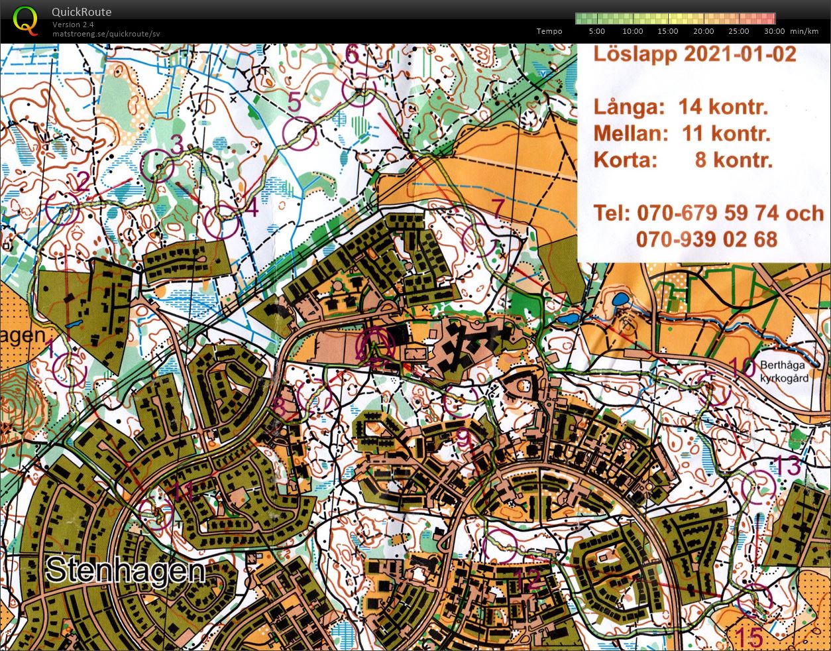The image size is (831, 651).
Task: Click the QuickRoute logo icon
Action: pyautogui.click(x=25, y=20)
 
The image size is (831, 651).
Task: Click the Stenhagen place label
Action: pyautogui.click(x=126, y=570)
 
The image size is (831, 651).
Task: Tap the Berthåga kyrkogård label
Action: pyautogui.click(x=784, y=372)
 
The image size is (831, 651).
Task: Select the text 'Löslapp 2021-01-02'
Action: pyautogui.click(x=694, y=54)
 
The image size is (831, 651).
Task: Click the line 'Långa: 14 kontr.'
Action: pyautogui.click(x=681, y=107)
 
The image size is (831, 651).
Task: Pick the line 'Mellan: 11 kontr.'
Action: pyautogui.click(x=682, y=133)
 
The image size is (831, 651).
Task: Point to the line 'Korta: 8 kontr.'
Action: pyautogui.click(x=683, y=160)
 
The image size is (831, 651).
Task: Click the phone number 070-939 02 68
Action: pyautogui.click(x=706, y=239)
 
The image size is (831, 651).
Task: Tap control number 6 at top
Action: pyautogui.click(x=352, y=54)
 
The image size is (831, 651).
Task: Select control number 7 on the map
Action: pyautogui.click(x=498, y=207)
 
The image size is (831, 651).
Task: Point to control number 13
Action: pyautogui.click(x=788, y=466)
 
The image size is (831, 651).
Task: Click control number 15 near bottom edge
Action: pyautogui.click(x=749, y=638)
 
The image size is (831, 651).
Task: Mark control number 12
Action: pyautogui.click(x=531, y=580)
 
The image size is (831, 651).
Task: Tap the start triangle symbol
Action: pyautogui.click(x=375, y=345)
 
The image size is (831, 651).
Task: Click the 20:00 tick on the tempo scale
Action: pyautogui.click(x=703, y=31)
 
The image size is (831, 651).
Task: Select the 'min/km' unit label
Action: pyautogui.click(x=804, y=31)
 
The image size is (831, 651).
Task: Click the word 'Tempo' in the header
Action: pyautogui.click(x=549, y=31)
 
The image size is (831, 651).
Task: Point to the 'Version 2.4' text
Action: pyautogui.click(x=73, y=25)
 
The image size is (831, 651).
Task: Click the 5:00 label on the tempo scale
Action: pyautogui.click(x=596, y=31)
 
